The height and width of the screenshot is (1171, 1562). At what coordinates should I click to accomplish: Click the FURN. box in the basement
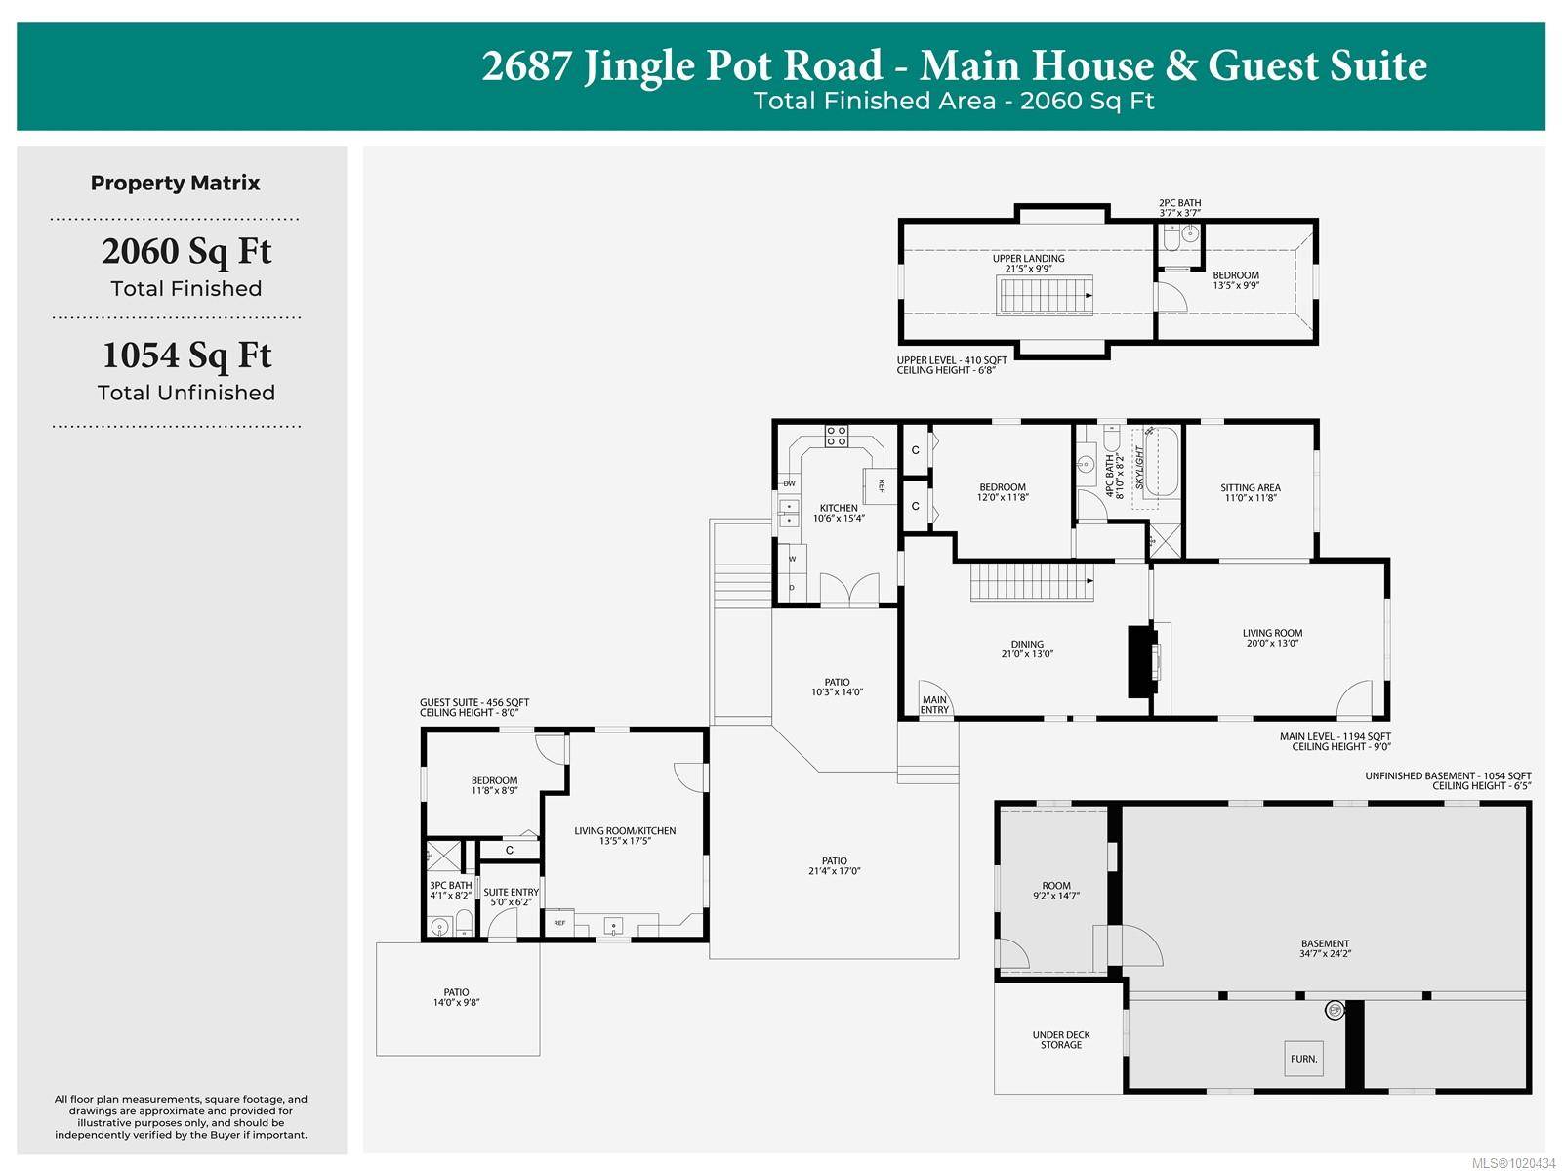click(1303, 1059)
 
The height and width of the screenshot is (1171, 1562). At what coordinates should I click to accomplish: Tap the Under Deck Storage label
click(1061, 1040)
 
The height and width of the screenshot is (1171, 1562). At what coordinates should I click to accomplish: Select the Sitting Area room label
click(1251, 493)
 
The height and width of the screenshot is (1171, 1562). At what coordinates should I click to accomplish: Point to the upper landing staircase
click(1044, 295)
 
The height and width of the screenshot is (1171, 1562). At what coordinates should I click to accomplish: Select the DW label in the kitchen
click(789, 483)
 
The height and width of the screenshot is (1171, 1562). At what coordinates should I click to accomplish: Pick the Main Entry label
click(934, 704)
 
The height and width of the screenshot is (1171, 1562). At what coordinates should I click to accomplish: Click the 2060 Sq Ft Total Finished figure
click(186, 252)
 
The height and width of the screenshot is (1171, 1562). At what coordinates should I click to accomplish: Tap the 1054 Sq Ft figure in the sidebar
click(186, 355)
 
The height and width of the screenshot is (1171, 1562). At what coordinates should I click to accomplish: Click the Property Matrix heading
click(176, 183)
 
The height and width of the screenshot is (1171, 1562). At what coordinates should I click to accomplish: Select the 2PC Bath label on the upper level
click(1179, 208)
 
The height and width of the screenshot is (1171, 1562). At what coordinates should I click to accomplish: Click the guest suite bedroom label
click(494, 785)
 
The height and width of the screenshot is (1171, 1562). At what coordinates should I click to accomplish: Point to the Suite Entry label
click(511, 897)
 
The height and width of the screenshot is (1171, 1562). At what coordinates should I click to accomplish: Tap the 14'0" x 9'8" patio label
click(456, 997)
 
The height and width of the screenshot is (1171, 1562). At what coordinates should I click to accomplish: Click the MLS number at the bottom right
click(1513, 1162)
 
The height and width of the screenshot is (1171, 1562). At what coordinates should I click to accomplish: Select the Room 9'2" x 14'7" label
click(1056, 891)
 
